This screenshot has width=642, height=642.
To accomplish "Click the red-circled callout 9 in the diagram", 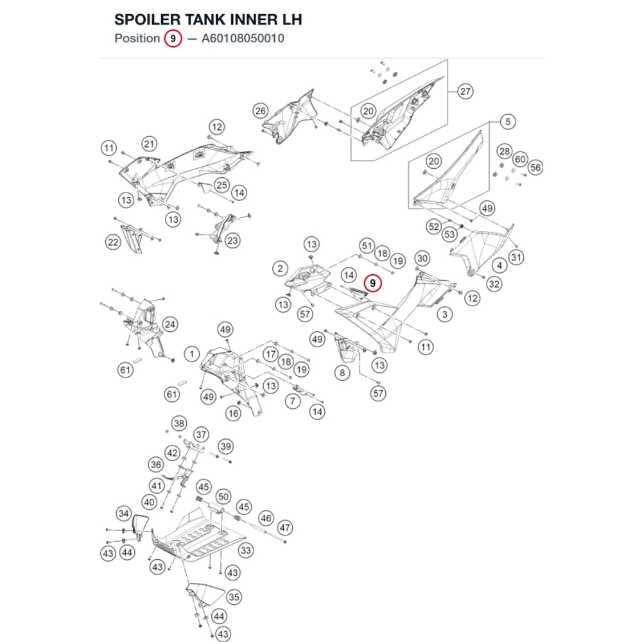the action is [372, 283].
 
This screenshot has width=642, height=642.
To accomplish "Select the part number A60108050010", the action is [243, 39].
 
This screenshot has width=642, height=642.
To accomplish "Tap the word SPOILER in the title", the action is [148, 20].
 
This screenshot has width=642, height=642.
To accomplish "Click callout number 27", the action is [465, 91].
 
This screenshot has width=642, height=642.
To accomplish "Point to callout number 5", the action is [508, 121].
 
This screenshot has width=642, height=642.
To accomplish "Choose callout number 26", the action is [261, 110].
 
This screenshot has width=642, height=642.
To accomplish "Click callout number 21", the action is [149, 144].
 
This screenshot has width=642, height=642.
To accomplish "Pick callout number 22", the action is [113, 242].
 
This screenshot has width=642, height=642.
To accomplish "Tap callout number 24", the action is [169, 325].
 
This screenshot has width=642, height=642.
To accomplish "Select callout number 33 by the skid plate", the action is [246, 550].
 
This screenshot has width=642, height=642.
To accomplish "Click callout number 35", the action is [234, 597].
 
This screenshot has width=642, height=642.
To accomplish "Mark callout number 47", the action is [284, 528].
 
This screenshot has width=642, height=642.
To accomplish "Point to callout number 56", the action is [535, 167].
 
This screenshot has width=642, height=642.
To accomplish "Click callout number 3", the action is [445, 315].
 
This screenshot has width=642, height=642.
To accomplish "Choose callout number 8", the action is [342, 372].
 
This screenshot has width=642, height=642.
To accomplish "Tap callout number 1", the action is [191, 354].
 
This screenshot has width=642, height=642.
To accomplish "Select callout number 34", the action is [124, 513].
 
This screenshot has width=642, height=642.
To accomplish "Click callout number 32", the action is [494, 284].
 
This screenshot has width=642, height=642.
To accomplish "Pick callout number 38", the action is [179, 423].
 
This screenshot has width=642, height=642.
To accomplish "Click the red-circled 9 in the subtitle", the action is [173, 39].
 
